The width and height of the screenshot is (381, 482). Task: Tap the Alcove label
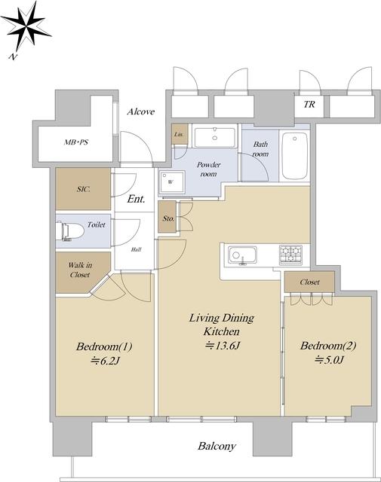tap(141, 111)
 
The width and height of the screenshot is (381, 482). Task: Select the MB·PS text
tap(76, 142)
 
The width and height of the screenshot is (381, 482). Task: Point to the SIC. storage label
tap(84, 189)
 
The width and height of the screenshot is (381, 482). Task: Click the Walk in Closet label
tap(80, 270)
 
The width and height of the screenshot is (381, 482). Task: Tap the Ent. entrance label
tap(136, 199)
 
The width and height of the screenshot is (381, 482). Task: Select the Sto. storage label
tap(168, 218)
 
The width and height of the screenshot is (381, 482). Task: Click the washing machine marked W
tap(172, 182)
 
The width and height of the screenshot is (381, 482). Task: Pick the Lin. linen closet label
tap(179, 134)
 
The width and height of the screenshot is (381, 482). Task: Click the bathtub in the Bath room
tap(295, 156)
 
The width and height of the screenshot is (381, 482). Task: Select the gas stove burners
tap(290, 255)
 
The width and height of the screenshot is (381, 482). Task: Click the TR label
tap(309, 105)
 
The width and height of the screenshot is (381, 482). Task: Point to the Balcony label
tap(217, 446)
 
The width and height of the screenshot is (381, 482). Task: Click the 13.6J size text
tap(223, 346)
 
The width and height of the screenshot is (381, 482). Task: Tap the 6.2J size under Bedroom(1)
tap(105, 361)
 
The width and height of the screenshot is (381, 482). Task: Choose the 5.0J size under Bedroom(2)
tap(329, 359)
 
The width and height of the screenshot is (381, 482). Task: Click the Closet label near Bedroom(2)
tap(309, 282)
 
